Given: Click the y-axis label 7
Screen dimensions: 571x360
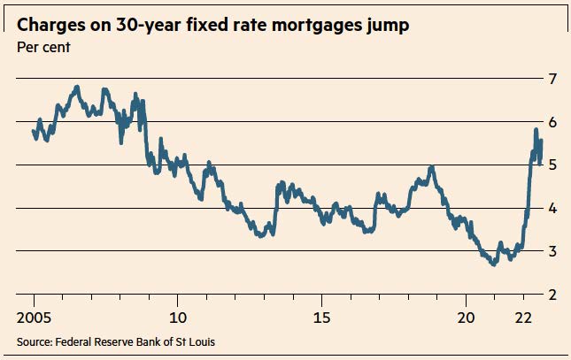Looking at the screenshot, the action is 552,79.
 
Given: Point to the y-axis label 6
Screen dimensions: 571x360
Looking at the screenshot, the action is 552,122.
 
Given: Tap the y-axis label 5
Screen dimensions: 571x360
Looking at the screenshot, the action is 552,165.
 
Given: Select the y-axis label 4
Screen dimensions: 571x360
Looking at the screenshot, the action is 552,209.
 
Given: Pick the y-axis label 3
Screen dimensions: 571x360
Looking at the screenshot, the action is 552,251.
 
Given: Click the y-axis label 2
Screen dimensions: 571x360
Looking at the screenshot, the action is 552,295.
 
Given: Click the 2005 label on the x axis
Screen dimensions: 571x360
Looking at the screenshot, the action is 35,318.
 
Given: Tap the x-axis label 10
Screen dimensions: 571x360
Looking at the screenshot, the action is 178,318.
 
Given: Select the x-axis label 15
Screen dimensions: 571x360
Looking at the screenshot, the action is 322,318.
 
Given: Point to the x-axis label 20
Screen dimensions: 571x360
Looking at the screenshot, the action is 467,318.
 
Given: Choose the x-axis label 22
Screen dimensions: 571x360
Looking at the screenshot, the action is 524,318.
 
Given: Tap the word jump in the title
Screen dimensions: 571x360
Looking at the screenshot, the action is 388,26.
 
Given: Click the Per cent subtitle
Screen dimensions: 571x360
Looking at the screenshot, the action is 43,47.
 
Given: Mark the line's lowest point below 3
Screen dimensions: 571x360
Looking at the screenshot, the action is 494,264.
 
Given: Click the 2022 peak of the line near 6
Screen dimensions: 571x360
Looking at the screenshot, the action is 536,130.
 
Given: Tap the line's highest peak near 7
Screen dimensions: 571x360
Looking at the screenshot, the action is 76,87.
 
